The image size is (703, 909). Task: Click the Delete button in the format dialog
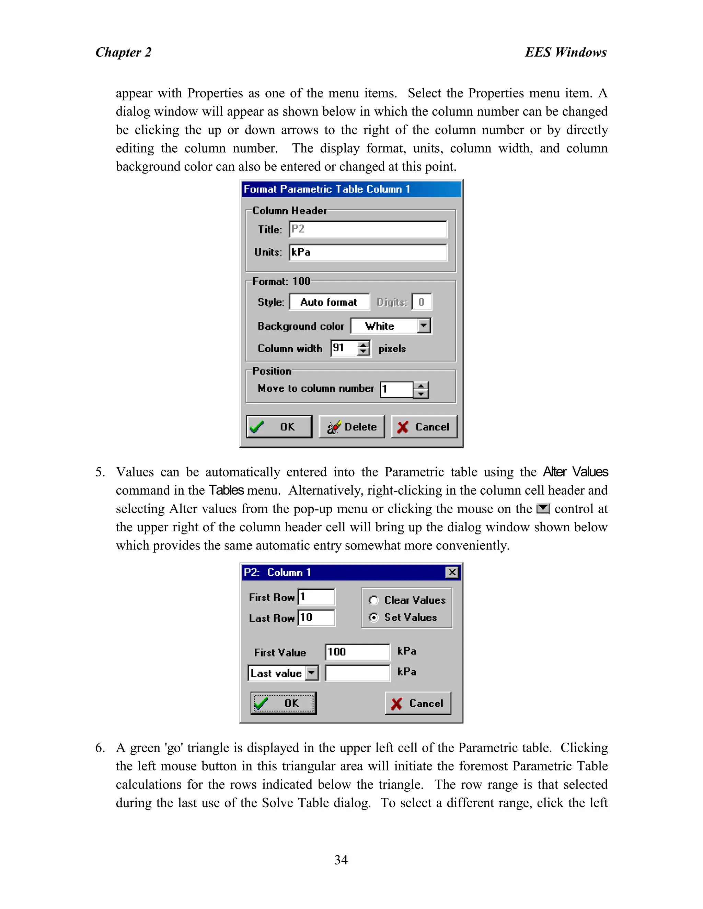(x=352, y=427)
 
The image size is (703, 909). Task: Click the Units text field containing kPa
(x=368, y=252)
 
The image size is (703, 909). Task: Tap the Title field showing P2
(x=368, y=229)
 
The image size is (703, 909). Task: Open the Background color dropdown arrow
(x=424, y=326)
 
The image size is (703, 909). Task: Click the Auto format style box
(x=329, y=302)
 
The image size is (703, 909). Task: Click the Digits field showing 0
(x=422, y=302)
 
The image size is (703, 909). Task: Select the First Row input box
(x=316, y=597)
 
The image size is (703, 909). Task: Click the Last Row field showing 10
(x=316, y=618)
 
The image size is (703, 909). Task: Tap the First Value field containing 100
(x=357, y=652)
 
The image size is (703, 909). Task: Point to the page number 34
(x=341, y=860)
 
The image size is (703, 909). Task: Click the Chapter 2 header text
(x=123, y=52)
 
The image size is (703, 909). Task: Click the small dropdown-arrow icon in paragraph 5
(x=543, y=509)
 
